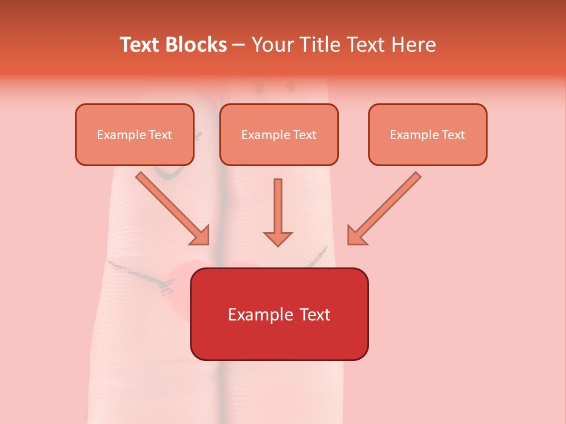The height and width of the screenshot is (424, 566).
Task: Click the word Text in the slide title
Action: click(x=139, y=45)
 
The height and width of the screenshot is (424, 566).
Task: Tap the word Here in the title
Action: click(x=415, y=45)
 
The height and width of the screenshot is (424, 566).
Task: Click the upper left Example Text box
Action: click(x=134, y=135)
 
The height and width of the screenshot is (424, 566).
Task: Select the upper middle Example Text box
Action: click(x=279, y=135)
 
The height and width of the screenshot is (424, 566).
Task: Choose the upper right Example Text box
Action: click(x=427, y=135)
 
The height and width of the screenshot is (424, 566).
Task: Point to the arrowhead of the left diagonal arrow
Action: click(x=200, y=235)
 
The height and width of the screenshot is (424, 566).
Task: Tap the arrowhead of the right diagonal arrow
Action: click(x=356, y=235)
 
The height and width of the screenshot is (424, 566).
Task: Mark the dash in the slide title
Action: click(x=239, y=45)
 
